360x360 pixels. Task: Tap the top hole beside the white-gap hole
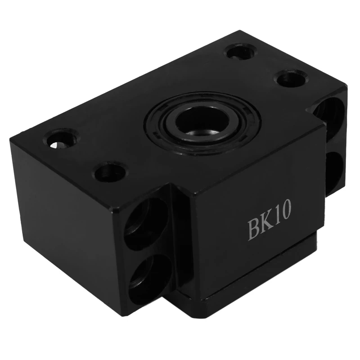pyautogui.click(x=108, y=171)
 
